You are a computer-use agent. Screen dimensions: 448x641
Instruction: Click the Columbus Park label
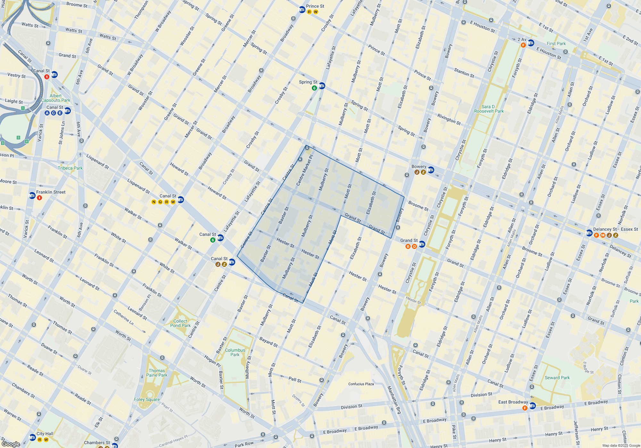tap(235, 352)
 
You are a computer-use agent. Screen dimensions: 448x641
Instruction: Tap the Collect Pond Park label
tap(180, 323)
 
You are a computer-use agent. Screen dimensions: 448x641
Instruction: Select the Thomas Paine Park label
tap(157, 373)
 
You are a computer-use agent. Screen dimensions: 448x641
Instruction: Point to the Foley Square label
tap(147, 399)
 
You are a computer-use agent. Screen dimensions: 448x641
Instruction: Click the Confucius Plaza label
tap(361, 384)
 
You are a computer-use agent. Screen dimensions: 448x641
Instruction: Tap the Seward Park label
tap(557, 378)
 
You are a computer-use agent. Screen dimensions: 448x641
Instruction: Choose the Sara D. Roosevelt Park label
tap(489, 109)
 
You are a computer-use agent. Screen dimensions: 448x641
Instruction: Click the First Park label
tap(556, 44)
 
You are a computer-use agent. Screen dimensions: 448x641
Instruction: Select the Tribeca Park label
tap(70, 168)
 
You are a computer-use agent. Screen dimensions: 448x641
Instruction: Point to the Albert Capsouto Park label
tap(55, 98)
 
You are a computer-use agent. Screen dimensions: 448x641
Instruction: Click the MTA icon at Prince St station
tap(302, 10)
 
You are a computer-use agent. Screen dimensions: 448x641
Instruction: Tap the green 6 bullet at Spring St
tap(314, 88)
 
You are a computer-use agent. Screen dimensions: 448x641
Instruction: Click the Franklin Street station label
tap(51, 192)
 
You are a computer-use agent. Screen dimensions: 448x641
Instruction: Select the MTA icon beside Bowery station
tap(431, 170)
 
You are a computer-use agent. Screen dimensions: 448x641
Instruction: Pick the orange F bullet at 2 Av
tap(523, 45)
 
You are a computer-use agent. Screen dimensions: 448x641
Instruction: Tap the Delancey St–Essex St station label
tap(615, 229)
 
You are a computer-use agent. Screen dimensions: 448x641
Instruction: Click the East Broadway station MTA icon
tap(532, 406)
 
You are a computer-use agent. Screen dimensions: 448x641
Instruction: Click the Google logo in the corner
tap(11, 444)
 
